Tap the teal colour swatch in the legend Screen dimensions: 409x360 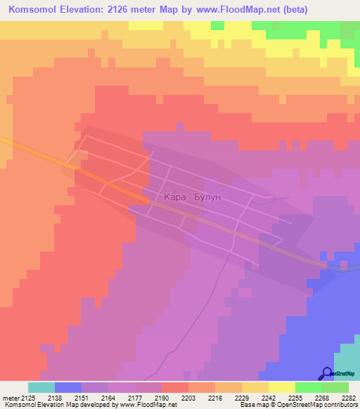tap(41, 387)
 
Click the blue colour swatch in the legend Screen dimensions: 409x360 tap(68, 387)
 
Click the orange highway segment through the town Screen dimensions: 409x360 tap(112, 184)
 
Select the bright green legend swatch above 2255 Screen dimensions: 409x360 tap(309, 387)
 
